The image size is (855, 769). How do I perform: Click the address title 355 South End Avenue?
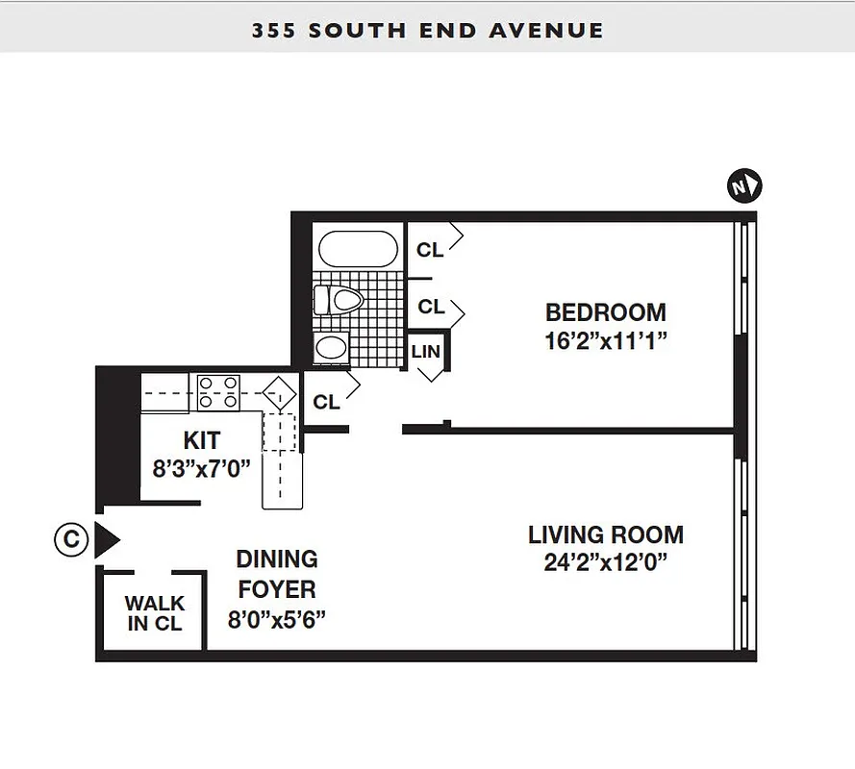pyautogui.click(x=427, y=30)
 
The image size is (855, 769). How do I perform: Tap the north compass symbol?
pyautogui.click(x=743, y=186)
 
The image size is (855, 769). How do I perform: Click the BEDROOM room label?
pyautogui.click(x=605, y=312)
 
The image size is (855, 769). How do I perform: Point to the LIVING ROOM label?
pyautogui.click(x=605, y=534)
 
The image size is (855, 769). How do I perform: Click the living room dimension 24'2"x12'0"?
pyautogui.click(x=605, y=562)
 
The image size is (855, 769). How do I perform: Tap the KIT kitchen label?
pyautogui.click(x=202, y=441)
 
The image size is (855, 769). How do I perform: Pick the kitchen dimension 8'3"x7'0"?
pyautogui.click(x=202, y=469)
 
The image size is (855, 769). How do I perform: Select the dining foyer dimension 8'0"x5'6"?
pyautogui.click(x=277, y=619)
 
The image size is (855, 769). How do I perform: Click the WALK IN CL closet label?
pyautogui.click(x=155, y=613)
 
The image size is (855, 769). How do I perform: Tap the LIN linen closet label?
pyautogui.click(x=425, y=352)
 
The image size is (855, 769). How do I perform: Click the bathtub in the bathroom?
pyautogui.click(x=357, y=249)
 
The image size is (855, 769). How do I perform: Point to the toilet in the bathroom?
pyautogui.click(x=340, y=301)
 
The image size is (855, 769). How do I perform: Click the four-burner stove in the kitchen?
pyautogui.click(x=218, y=391)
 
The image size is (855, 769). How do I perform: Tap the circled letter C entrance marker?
pyautogui.click(x=70, y=540)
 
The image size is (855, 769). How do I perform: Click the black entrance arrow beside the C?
pyautogui.click(x=106, y=540)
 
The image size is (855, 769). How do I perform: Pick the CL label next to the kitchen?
pyautogui.click(x=326, y=402)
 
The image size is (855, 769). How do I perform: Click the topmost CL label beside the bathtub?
pyautogui.click(x=430, y=250)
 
